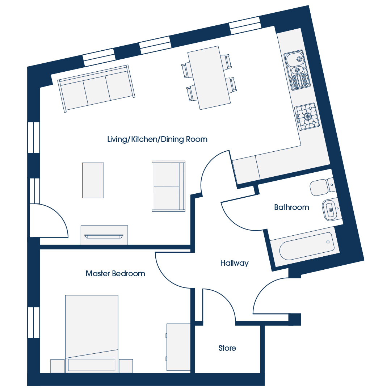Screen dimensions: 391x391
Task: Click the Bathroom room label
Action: point(291,207)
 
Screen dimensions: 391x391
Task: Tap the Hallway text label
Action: point(234,263)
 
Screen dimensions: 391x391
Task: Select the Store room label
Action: point(227,348)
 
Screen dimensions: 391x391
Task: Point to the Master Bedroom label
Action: point(115,274)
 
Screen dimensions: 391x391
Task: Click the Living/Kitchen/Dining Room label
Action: point(157,139)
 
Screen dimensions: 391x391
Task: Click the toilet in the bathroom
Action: point(323,186)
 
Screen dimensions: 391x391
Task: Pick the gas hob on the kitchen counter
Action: point(307,117)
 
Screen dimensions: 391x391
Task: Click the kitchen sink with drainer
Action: point(297,70)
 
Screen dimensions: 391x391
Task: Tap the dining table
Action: point(209,78)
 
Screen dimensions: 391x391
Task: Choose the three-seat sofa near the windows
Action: point(96,89)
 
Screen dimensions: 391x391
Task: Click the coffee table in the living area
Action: point(93,180)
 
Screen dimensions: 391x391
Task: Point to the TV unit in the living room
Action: point(104,235)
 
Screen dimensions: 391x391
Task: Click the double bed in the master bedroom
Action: point(92,334)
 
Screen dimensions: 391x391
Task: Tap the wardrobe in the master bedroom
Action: point(178,347)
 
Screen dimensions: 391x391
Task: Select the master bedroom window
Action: point(34,323)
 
